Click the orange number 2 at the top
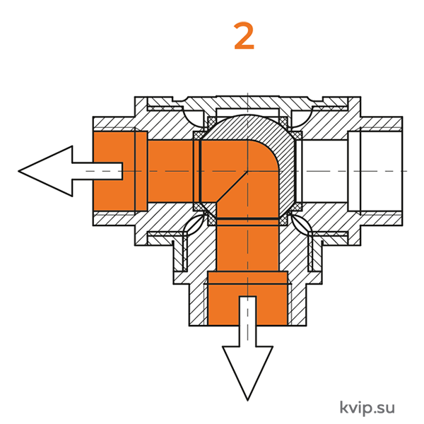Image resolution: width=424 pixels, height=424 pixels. coord(244,36)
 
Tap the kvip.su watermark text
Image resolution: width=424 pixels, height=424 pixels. coord(367,407)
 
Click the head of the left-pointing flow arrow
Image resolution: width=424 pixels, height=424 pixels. coord(45,171)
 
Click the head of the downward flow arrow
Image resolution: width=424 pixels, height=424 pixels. coord(247,372)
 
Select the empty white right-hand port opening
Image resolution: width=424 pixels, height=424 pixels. coord(375,171)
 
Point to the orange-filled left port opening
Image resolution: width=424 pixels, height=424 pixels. coord(120,171)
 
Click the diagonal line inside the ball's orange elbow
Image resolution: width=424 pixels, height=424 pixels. coord(232,187)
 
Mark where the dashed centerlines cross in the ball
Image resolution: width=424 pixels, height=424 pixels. coord(248,171)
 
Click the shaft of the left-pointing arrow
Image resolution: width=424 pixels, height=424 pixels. coord(98,171)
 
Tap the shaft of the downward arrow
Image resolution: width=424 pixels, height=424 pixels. coord(247,322)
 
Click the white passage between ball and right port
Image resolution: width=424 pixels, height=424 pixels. coord(324,171)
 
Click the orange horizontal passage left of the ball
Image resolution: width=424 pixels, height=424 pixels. coord(170,171)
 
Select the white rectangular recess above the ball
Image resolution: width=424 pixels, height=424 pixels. coord(248,112)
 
